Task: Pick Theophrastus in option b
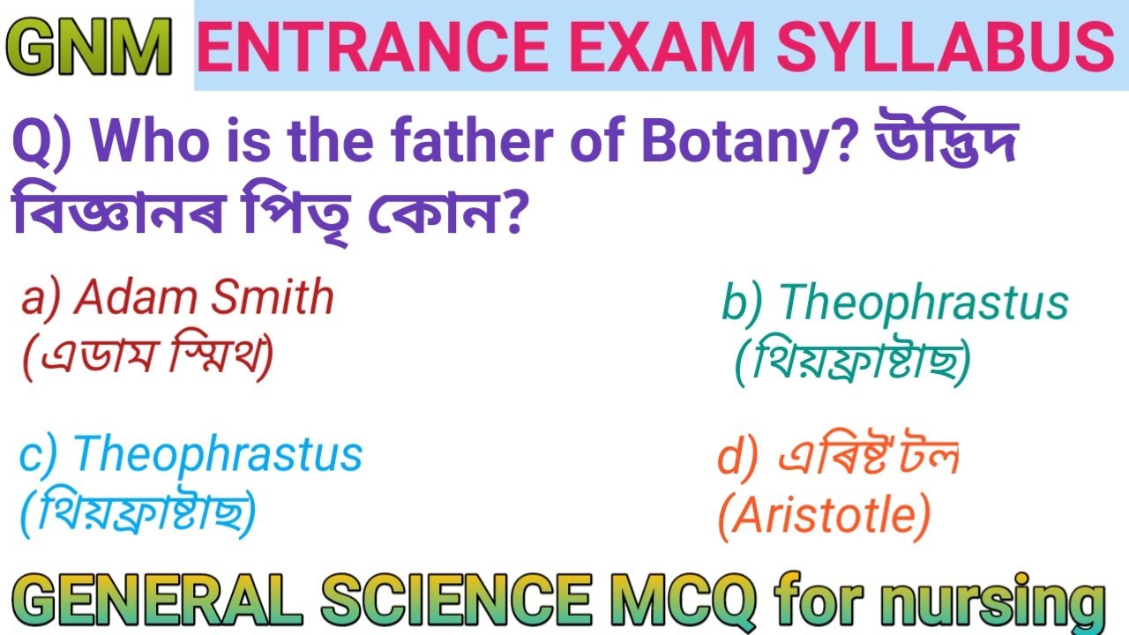923,303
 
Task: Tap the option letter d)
738,458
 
